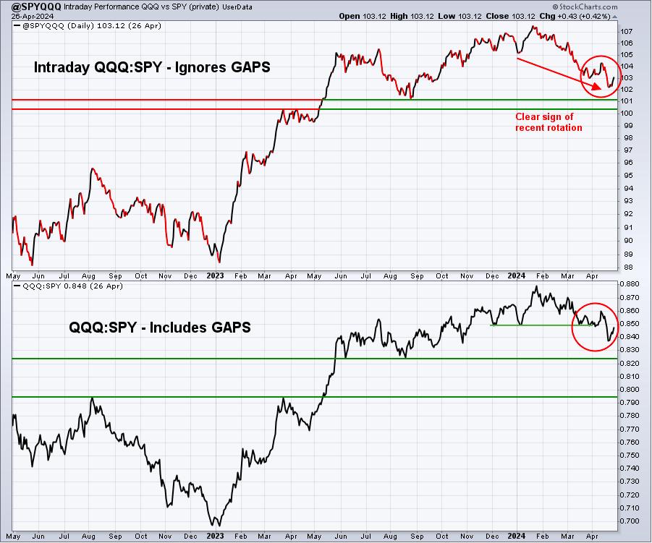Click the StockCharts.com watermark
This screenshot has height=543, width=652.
pos(585,7)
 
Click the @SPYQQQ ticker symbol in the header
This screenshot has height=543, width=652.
pos(36,7)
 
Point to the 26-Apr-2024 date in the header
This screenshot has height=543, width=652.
pos(32,16)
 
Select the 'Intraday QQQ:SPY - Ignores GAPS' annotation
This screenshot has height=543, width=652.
pos(152,67)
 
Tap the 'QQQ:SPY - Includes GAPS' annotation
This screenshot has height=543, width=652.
pos(160,328)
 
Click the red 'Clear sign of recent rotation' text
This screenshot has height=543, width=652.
pos(549,122)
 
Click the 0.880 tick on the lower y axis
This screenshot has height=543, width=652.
pos(629,284)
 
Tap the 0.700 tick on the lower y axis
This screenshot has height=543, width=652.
pos(629,521)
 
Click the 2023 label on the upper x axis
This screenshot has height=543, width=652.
pos(216,276)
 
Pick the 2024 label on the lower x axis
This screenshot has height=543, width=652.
pos(517,536)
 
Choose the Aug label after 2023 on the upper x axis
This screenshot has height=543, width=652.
pos(390,276)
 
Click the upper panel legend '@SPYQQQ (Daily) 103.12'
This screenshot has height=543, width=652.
pos(88,26)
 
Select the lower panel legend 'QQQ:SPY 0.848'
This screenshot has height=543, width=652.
pos(68,286)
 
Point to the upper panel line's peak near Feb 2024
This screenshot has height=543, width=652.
pos(533,27)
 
